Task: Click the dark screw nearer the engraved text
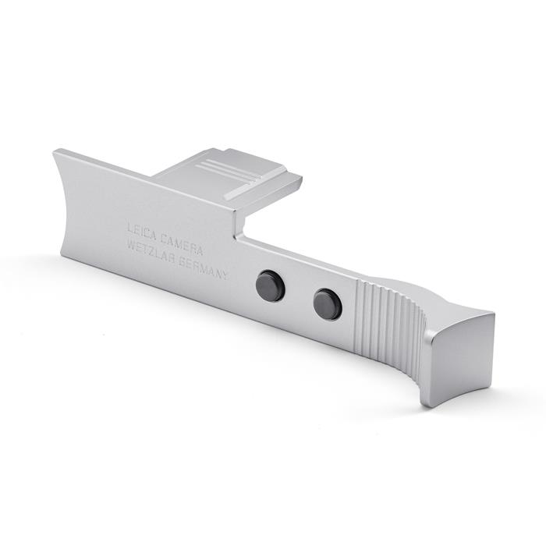pyautogui.click(x=271, y=285)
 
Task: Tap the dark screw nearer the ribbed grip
pyautogui.click(x=328, y=303)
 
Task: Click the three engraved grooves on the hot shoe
pyautogui.click(x=222, y=169)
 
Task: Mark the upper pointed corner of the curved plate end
pyautogui.click(x=55, y=151)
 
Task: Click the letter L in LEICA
pyautogui.click(x=130, y=227)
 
